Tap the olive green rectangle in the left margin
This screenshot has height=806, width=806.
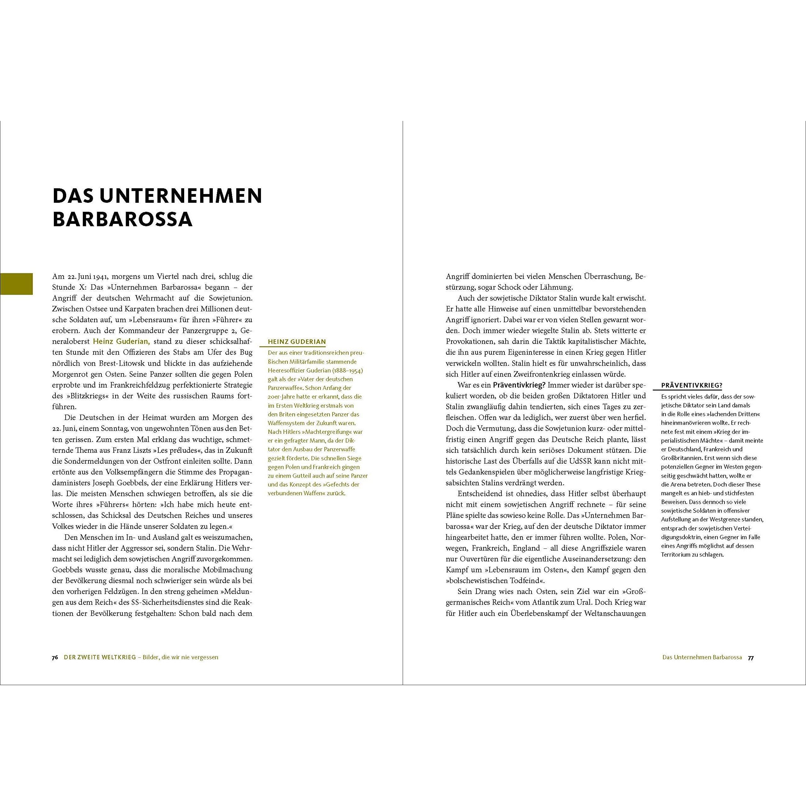pyautogui.click(x=16, y=284)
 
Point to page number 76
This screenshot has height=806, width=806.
pyautogui.click(x=55, y=657)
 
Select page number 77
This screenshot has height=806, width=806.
pyautogui.click(x=751, y=657)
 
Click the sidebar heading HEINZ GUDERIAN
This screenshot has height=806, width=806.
pyautogui.click(x=297, y=342)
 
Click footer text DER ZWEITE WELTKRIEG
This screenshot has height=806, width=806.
pyautogui.click(x=100, y=657)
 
